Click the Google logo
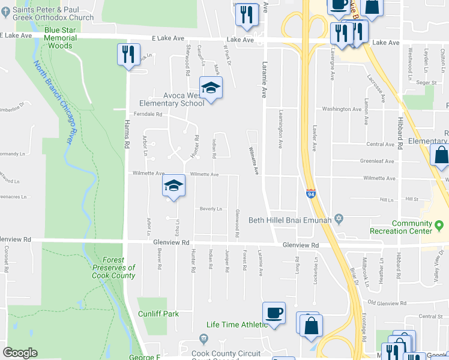point(20,353)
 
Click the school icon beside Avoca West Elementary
point(211,89)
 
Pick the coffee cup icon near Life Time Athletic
point(274,313)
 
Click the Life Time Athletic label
point(237,325)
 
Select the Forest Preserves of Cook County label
point(113,268)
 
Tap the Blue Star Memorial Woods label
point(61,37)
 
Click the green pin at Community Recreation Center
point(439,225)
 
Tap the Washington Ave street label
point(341,109)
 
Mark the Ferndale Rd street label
point(148,114)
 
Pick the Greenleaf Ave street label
point(376,161)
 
